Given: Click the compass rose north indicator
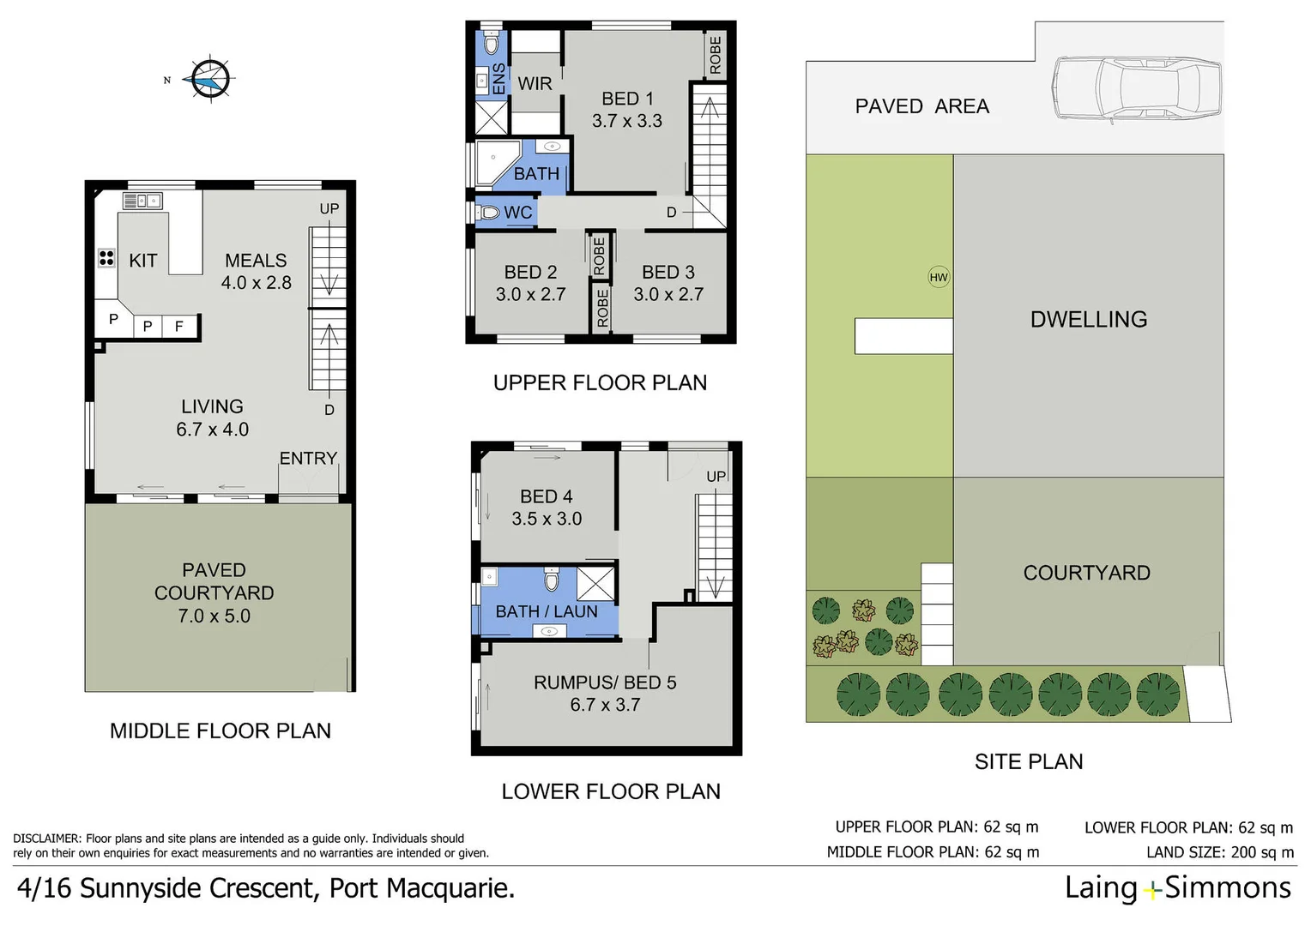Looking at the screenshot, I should tap(208, 80).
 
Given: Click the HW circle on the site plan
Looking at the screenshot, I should tap(939, 277).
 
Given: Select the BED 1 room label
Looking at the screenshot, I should tap(627, 99).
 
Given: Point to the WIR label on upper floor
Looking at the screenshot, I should tap(535, 84).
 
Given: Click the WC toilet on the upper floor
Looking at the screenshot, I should tap(490, 212).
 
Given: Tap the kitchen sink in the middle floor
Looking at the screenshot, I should tap(142, 201).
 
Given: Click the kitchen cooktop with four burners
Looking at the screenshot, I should tap(106, 258).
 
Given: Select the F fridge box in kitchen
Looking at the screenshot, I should tap(179, 326).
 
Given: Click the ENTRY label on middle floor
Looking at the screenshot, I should tap(308, 459).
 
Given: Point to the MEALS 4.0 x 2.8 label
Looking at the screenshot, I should tap(256, 272).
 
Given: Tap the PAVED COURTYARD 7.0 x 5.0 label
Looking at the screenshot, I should tap(214, 593).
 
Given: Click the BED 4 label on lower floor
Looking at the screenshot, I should tap(547, 497).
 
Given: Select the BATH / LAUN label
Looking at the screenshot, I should tap(547, 611).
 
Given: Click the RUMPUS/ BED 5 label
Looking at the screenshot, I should tap(605, 682).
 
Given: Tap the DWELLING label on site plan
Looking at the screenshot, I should tap(1089, 320).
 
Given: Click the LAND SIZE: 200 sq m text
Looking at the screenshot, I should tap(1220, 852).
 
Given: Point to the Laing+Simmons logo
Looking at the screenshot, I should tap(1177, 888).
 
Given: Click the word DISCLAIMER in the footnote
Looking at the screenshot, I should tap(47, 839).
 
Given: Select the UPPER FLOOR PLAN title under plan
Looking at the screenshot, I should tap(600, 383).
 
